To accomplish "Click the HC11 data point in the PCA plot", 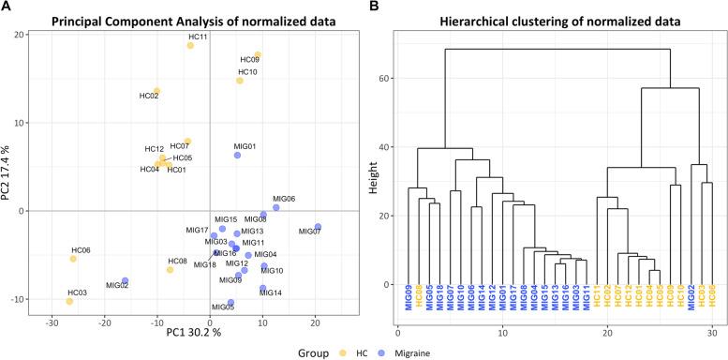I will (190, 45).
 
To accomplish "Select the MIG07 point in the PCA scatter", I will (318, 227).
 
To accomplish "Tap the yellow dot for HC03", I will (68, 302).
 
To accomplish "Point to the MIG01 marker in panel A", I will (237, 156).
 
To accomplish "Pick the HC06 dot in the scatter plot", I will (73, 259).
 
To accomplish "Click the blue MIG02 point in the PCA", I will (125, 281).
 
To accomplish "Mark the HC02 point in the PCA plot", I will (156, 91).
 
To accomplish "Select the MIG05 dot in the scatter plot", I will (230, 303).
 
